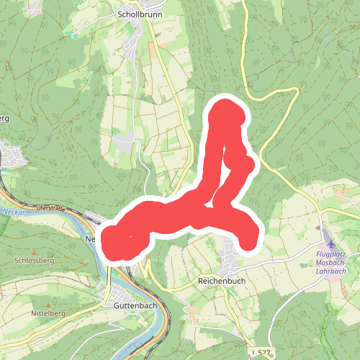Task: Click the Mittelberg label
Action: point(48,315)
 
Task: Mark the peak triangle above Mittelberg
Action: point(48,305)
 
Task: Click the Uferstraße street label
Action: point(50,209)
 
